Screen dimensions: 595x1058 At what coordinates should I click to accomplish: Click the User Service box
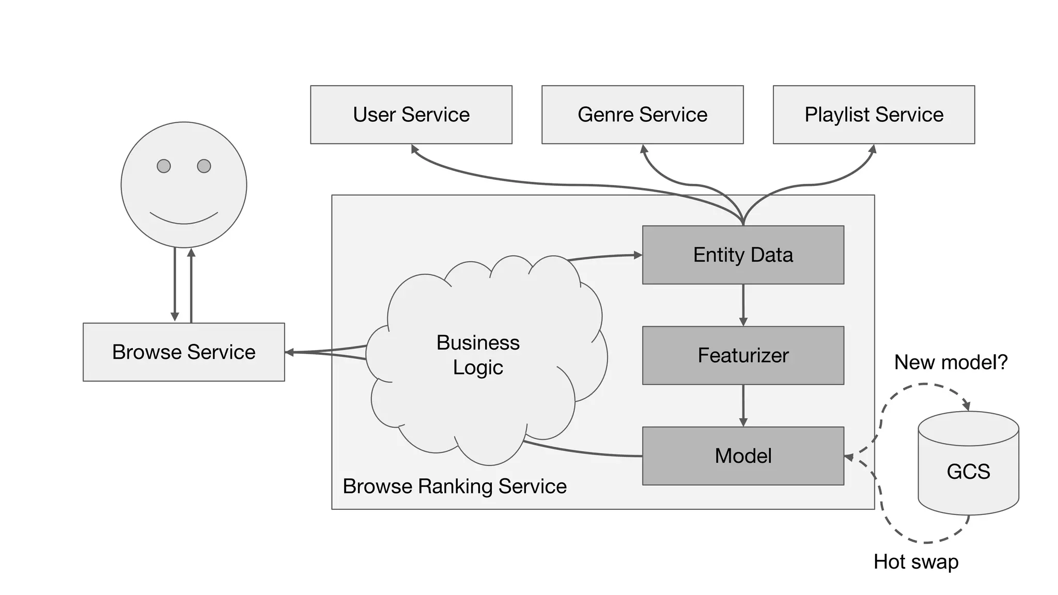pos(411,115)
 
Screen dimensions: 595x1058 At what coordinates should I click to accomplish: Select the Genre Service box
pos(642,115)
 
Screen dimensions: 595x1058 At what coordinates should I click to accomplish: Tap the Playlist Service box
pos(874,115)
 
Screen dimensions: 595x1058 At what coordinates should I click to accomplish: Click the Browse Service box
pos(183,352)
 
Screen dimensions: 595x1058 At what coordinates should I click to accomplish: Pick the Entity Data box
pos(743,255)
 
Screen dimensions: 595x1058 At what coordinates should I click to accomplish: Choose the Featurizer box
pos(743,355)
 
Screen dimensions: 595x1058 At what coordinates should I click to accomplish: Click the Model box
pos(743,456)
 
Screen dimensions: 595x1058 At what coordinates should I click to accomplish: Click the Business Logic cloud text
pos(478,355)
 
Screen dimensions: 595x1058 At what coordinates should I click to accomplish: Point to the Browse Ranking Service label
pos(455,487)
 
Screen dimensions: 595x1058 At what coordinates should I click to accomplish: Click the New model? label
pos(951,362)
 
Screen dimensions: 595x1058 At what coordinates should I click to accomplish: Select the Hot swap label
pos(916,561)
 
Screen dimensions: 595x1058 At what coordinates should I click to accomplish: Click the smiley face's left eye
pos(164,166)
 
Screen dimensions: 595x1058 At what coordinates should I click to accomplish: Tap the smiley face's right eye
pos(204,166)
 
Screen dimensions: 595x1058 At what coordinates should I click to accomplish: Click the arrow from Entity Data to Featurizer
pos(743,305)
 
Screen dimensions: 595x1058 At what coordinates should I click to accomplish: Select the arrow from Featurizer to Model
pos(743,405)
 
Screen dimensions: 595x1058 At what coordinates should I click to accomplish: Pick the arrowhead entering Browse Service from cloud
pos(289,352)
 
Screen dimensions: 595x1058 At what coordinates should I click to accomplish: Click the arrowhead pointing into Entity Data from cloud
pos(638,255)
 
